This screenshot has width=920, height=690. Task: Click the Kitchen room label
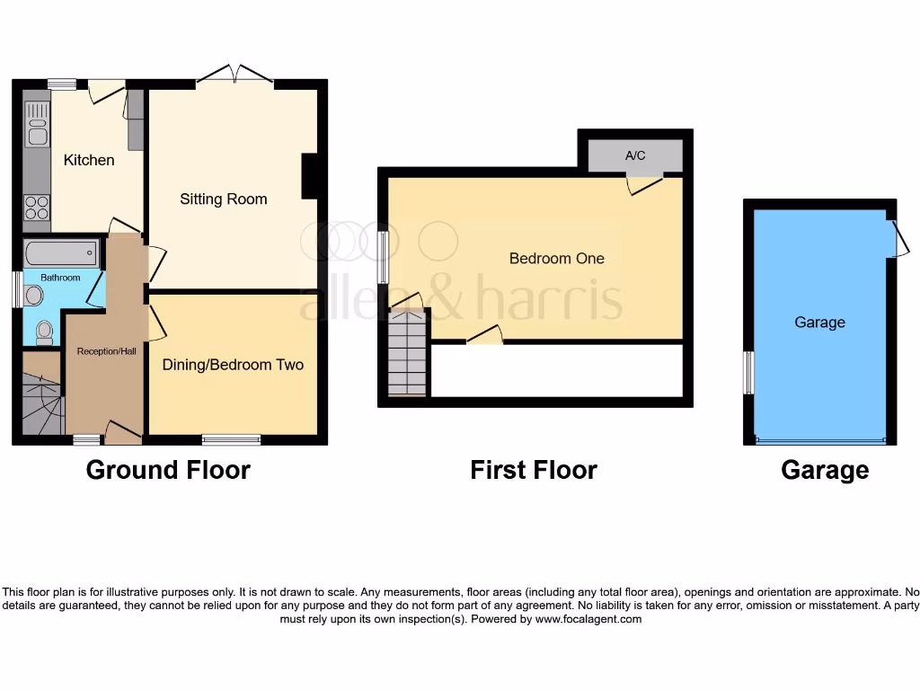[89, 160]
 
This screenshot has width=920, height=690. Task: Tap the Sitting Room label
[224, 199]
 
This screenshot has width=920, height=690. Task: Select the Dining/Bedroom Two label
[233, 365]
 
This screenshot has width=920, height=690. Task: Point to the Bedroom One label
[557, 259]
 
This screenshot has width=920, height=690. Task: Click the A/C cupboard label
[635, 155]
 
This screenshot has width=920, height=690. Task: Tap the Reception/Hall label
[106, 350]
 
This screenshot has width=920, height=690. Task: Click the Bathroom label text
[60, 278]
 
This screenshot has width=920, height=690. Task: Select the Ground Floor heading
[168, 469]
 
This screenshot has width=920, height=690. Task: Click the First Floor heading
[534, 469]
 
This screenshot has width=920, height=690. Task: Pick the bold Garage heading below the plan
[825, 469]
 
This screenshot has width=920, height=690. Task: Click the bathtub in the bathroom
[61, 251]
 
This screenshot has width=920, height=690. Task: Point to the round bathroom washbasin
[34, 295]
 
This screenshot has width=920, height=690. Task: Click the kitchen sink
[38, 125]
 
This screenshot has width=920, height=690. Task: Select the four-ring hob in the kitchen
[38, 208]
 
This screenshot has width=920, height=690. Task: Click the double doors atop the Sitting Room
[234, 74]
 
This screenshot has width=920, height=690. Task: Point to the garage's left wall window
[747, 372]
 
